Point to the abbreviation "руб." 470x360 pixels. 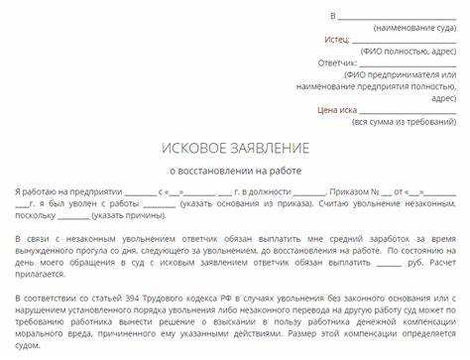click(392, 265)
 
